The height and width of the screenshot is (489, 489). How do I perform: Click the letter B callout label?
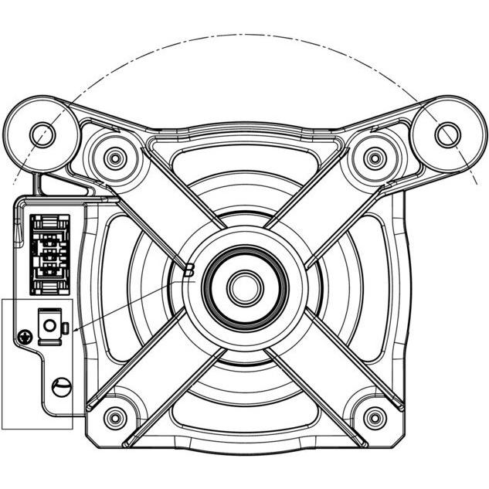click(x=189, y=270)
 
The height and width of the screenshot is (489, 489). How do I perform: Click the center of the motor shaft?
click(x=245, y=288)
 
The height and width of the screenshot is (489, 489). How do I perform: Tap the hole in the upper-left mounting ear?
click(x=42, y=135)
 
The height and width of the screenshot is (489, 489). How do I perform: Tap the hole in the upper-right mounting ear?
click(x=447, y=134)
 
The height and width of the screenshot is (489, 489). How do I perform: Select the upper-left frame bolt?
click(x=115, y=158)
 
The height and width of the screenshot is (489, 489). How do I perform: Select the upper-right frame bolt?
click(x=375, y=158)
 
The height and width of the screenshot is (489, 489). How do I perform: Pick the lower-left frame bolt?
click(x=115, y=417)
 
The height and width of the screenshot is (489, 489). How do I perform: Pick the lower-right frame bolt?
click(x=375, y=417)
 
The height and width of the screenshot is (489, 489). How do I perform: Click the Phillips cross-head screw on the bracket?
click(x=25, y=337)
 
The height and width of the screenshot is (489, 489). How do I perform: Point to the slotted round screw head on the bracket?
click(x=62, y=387)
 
